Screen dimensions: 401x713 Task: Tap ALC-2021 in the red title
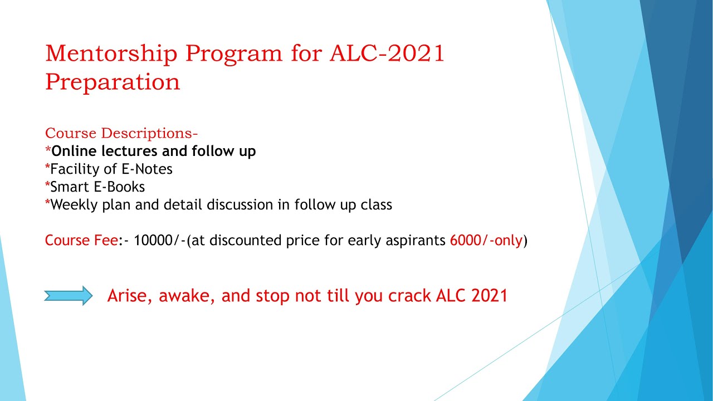click(387, 54)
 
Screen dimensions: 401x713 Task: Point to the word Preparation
click(113, 82)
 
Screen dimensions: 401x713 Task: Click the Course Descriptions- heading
click(121, 134)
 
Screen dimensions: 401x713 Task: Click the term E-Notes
click(146, 169)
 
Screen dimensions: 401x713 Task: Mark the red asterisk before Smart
click(47, 185)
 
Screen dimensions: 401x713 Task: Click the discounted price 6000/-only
click(486, 241)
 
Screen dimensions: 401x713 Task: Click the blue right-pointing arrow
click(68, 296)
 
